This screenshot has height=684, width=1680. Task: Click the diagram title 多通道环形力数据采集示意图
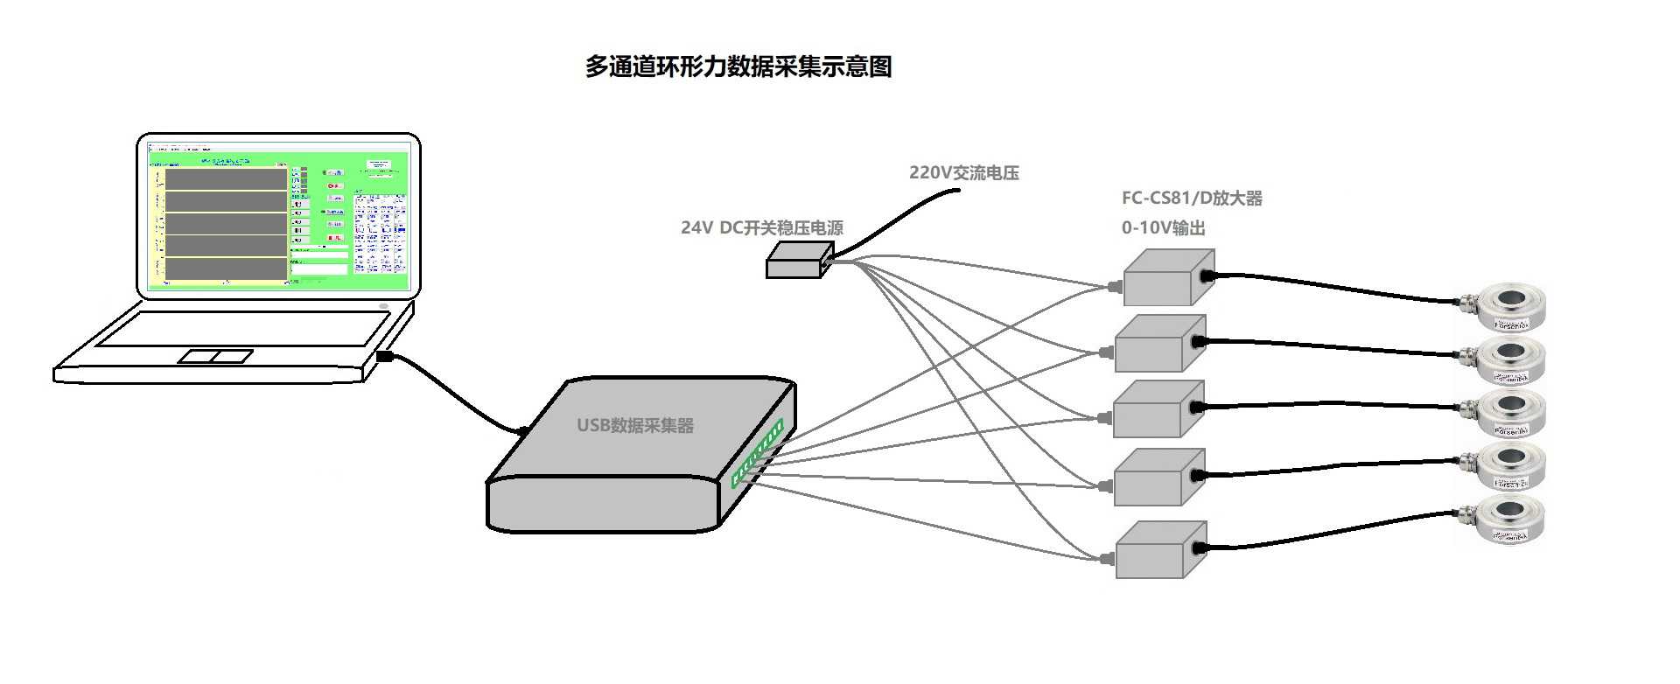click(738, 66)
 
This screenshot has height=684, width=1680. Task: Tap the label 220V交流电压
click(963, 172)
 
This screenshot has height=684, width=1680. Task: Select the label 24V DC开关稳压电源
click(761, 227)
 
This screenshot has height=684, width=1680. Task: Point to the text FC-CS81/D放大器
click(1192, 199)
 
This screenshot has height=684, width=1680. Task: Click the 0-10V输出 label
click(1163, 227)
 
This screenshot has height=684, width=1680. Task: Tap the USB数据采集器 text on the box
click(634, 426)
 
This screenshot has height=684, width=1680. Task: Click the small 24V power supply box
click(797, 262)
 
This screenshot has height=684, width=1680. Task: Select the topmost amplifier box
click(1166, 278)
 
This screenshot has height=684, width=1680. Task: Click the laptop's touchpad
click(215, 356)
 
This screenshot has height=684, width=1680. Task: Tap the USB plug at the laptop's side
click(384, 356)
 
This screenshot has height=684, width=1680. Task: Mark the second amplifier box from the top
click(1159, 343)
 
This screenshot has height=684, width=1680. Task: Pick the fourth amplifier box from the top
click(1158, 478)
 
